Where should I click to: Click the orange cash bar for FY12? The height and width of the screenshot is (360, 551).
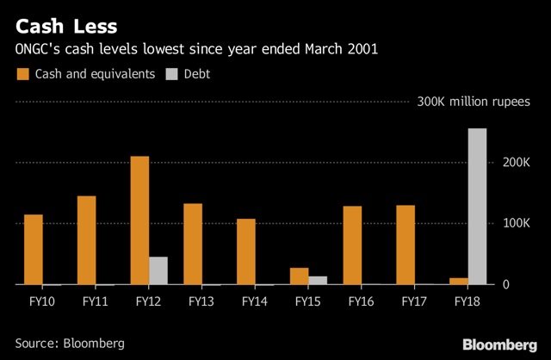point(139,220)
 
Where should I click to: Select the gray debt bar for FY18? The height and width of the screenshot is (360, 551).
point(477,207)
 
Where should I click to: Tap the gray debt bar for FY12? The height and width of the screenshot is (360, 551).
point(158,270)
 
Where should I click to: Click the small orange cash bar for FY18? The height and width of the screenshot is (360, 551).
point(459,281)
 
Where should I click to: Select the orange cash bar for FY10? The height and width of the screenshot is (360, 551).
point(34,249)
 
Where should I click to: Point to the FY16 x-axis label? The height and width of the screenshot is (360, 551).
point(361,302)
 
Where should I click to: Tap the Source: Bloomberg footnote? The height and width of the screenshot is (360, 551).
point(70,343)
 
